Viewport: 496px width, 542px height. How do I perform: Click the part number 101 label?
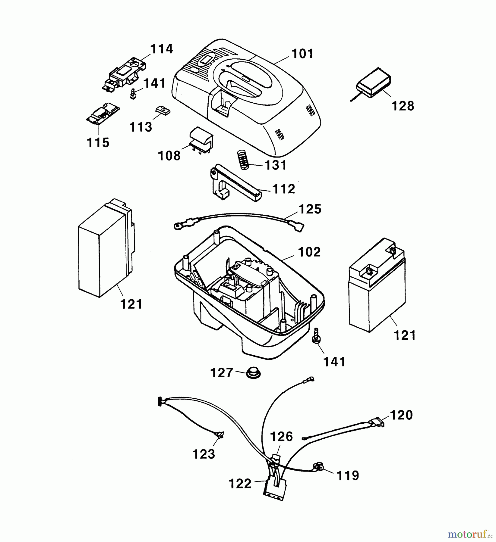302,54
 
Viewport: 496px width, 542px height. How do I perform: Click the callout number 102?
309,252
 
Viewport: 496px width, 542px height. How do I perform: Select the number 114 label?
162,49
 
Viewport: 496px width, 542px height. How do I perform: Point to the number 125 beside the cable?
310,209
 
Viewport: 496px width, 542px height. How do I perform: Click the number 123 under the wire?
204,454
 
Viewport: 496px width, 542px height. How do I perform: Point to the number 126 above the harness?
281,437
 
